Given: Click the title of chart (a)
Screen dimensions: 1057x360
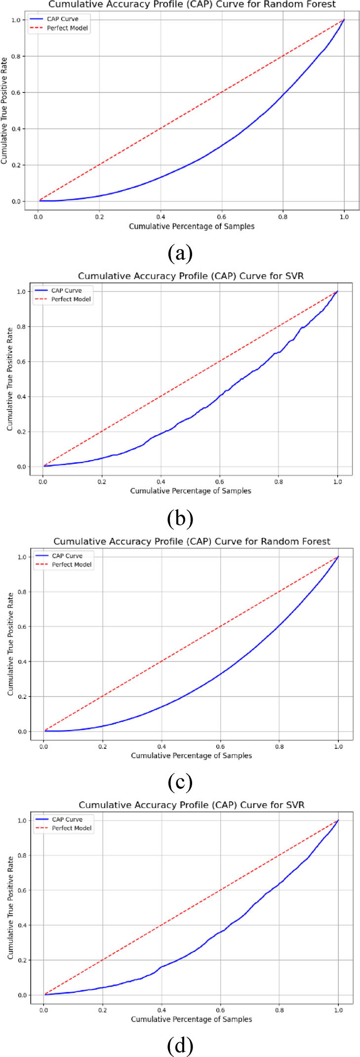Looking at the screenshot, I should [x=192, y=4].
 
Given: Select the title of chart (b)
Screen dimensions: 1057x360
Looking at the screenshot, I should [x=191, y=276].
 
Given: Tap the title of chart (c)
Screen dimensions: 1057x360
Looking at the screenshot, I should [x=192, y=541].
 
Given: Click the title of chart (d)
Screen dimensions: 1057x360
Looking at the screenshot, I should [x=192, y=805].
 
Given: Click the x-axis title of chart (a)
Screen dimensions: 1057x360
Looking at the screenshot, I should [x=192, y=226].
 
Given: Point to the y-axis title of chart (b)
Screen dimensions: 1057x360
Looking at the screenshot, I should [x=10, y=379].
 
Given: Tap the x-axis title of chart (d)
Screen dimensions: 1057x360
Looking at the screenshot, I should [x=192, y=1019].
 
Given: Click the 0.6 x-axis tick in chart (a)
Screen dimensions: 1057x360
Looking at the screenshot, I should [x=222, y=216].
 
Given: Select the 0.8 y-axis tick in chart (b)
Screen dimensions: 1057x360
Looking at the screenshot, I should [x=22, y=326].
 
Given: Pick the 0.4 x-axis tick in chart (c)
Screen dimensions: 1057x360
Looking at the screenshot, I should [x=161, y=746].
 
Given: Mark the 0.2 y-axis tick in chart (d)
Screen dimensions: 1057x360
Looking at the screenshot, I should [x=22, y=960].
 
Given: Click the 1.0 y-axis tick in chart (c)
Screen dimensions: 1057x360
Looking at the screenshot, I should [x=22, y=557].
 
